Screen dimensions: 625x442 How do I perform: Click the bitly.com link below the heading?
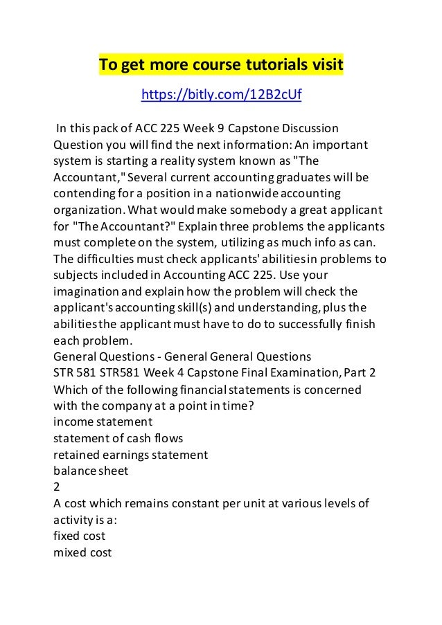click(221, 95)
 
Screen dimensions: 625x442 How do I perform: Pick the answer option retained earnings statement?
click(130, 455)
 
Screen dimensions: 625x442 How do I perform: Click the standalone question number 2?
click(58, 487)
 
